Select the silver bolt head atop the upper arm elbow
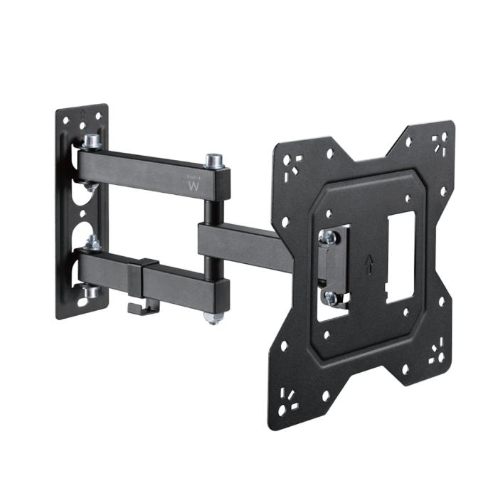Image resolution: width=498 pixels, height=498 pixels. tap(213, 160)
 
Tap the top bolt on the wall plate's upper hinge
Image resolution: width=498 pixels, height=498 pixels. tap(92, 142)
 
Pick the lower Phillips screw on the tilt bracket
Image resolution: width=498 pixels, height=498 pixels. tap(329, 297)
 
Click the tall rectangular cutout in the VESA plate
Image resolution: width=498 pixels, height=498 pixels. tap(397, 260)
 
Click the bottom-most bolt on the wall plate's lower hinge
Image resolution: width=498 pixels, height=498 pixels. tap(89, 292)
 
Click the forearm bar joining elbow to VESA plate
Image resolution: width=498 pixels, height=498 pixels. tap(245, 243)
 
